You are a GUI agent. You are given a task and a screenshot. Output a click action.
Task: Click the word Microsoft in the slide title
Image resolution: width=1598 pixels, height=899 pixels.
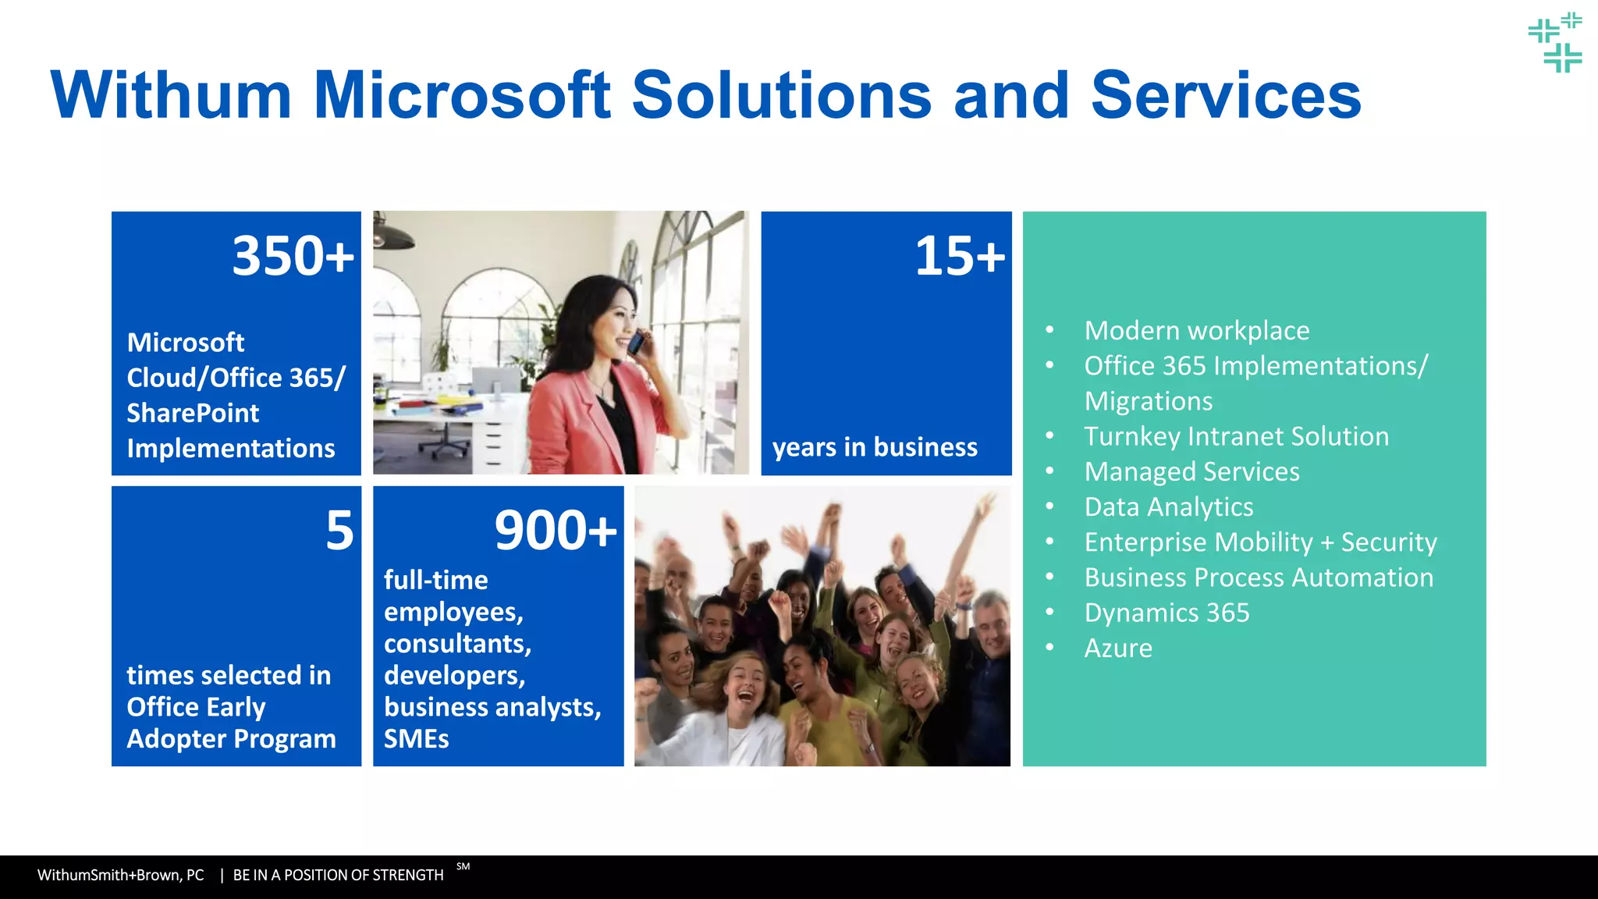(462, 95)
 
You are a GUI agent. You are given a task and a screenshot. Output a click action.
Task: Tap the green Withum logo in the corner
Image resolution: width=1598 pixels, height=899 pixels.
(1555, 43)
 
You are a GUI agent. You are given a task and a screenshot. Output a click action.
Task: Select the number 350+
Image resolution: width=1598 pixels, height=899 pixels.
(293, 256)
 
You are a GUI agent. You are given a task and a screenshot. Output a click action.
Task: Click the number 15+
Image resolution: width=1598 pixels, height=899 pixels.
(960, 256)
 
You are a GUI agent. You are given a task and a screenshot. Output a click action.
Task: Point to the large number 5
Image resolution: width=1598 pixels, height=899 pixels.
(339, 531)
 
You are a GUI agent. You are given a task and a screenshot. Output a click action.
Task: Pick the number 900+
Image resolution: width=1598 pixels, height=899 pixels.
(556, 531)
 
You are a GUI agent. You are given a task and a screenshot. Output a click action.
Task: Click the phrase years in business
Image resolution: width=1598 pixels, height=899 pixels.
(875, 447)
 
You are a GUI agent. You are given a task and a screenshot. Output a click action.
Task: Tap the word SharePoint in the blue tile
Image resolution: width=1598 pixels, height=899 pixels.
(193, 413)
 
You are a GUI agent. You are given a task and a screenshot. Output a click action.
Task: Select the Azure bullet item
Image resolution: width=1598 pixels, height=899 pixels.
(1118, 648)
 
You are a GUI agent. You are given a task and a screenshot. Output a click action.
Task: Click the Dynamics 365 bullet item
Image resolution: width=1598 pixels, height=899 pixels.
(1167, 613)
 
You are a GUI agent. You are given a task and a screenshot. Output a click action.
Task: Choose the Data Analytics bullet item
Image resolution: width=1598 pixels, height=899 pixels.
(1169, 507)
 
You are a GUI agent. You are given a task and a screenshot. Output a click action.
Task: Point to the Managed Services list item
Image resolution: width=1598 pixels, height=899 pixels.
(1191, 472)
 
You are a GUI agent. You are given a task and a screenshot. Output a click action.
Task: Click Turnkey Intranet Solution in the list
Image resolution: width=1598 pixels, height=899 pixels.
(1236, 437)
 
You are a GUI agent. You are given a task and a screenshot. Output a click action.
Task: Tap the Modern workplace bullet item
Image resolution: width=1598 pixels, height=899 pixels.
(1196, 331)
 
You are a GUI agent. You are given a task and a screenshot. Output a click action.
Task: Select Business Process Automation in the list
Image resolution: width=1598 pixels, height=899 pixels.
(1259, 578)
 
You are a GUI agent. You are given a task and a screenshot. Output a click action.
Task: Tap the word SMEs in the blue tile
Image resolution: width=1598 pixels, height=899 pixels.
(416, 739)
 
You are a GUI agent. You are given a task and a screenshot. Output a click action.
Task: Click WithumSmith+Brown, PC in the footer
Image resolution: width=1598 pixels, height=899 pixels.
(121, 876)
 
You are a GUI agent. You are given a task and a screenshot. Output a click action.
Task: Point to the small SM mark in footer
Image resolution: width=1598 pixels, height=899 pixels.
(463, 866)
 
